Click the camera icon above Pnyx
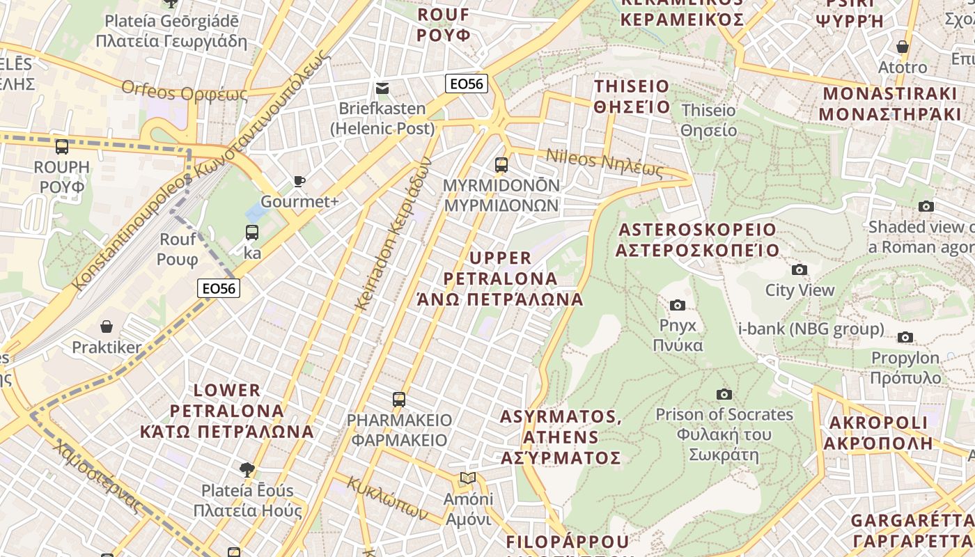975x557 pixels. [677, 305]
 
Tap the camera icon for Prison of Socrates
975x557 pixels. [724, 394]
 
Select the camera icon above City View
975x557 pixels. [799, 269]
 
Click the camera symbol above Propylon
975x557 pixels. [905, 337]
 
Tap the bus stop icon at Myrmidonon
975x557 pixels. [501, 165]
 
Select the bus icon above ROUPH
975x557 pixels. [62, 147]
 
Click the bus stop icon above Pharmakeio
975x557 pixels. [399, 400]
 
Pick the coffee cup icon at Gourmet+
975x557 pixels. [299, 182]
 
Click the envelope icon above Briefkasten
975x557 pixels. [382, 88]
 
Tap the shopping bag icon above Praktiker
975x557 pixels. [107, 326]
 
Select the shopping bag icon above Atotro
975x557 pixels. [903, 47]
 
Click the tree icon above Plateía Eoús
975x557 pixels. [247, 469]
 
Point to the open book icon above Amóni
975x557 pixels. [469, 478]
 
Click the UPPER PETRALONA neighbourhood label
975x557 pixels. [500, 278]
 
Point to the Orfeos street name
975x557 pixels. [185, 91]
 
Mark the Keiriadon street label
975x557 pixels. [393, 233]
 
